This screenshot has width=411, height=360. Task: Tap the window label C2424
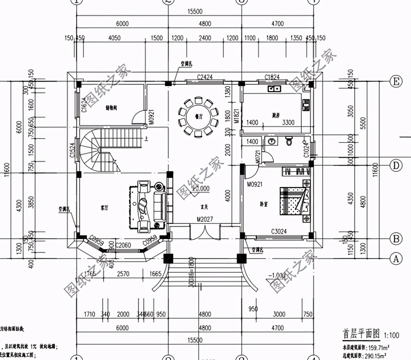pos(204,77)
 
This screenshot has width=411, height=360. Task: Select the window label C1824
pos(272,77)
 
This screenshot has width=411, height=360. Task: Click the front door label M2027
pos(205,219)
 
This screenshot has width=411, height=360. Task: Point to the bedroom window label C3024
pos(279,231)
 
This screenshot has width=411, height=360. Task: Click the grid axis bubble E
pos(396,82)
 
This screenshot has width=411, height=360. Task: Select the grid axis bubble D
pos(396,166)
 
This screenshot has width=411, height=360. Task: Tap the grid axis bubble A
pos(396,259)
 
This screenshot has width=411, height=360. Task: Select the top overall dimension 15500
pos(195,11)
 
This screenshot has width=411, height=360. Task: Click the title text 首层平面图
pos(361,333)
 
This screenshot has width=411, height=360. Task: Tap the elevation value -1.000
pos(277,275)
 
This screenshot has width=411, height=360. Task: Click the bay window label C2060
pos(123,245)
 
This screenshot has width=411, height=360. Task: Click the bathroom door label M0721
pos(258,157)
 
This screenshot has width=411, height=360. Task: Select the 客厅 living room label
pos(104,208)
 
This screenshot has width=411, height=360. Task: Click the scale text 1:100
pos(391,335)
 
